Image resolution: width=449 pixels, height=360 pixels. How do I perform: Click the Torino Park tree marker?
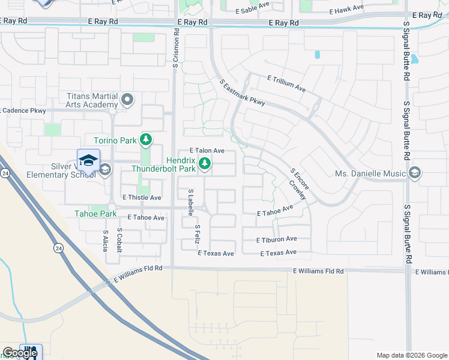coord(145,140)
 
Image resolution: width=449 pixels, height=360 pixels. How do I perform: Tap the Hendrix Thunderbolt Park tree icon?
coord(205,163)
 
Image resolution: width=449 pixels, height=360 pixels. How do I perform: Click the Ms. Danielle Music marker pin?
coord(414,174)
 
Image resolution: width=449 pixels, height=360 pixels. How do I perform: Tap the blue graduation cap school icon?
coord(88,160)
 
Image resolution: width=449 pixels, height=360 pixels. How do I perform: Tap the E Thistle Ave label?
coord(142,197)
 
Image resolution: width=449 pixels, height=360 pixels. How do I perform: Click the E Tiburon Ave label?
coord(276,239)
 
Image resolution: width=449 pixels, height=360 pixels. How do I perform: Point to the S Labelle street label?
coord(191,202)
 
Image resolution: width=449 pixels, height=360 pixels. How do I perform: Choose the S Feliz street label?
coord(197,233)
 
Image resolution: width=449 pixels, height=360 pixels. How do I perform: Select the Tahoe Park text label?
coord(95,214)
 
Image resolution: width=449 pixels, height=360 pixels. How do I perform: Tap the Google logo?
coord(20,353)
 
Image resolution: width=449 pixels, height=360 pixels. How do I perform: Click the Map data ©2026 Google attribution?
coord(412,355)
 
